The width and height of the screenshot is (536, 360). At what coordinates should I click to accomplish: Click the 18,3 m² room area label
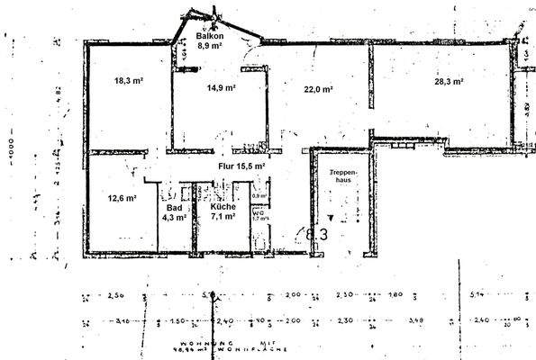pyautogui.click(x=129, y=81)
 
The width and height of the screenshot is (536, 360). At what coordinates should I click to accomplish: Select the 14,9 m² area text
pyautogui.click(x=221, y=88)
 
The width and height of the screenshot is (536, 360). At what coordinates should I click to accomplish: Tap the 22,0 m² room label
pyautogui.click(x=318, y=89)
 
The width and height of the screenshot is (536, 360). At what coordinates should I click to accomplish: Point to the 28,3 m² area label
pyautogui.click(x=448, y=81)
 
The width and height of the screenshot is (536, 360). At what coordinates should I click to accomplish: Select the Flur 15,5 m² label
pyautogui.click(x=241, y=166)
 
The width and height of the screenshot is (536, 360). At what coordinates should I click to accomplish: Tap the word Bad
pyautogui.click(x=174, y=208)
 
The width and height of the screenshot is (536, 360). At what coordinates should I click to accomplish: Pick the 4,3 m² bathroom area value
pyautogui.click(x=174, y=217)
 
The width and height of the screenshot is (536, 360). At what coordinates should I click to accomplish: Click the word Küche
pyautogui.click(x=223, y=208)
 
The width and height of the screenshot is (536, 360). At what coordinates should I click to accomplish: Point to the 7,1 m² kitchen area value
pyautogui.click(x=223, y=217)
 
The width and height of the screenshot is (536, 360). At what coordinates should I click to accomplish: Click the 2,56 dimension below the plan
pyautogui.click(x=115, y=294)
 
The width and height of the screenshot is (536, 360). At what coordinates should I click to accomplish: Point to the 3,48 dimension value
pyautogui.click(x=413, y=319)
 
